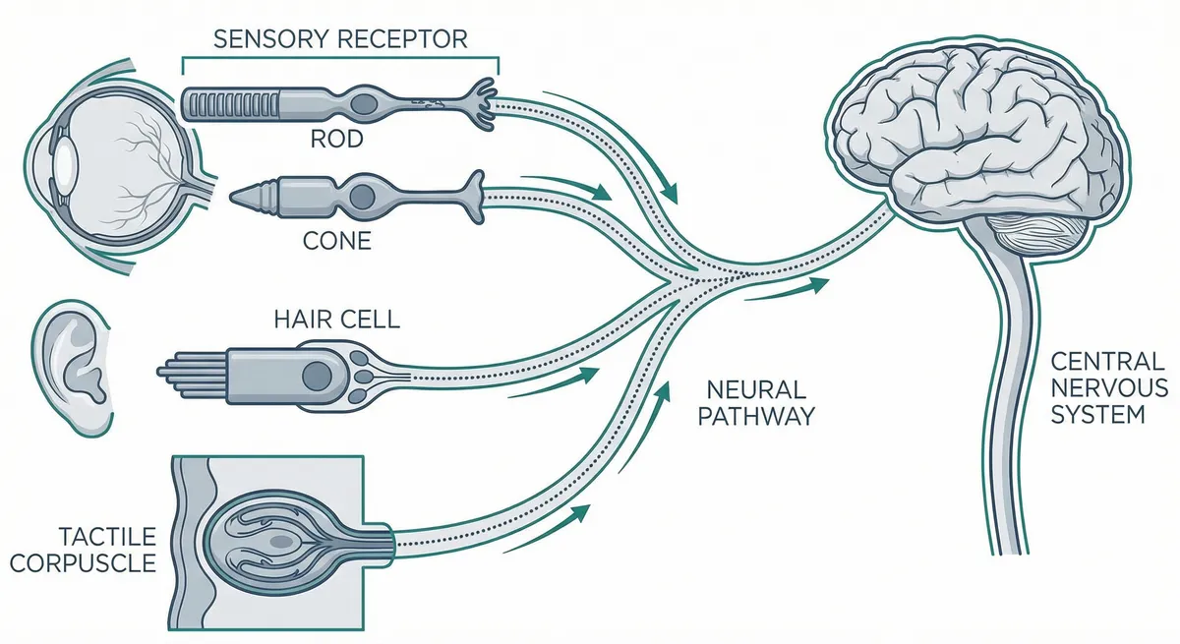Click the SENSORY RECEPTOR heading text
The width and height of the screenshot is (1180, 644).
pyautogui.click(x=340, y=39)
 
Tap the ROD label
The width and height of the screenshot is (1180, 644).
pyautogui.click(x=337, y=139)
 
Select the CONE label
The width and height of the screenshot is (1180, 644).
pyautogui.click(x=337, y=239)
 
